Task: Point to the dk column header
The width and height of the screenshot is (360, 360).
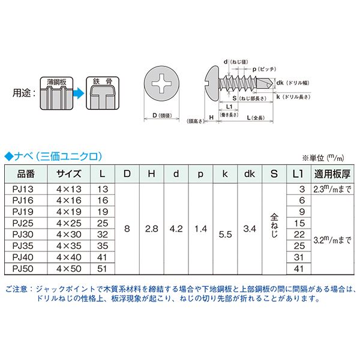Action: click(x=248, y=175)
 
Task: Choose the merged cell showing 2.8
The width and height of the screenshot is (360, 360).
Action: click(x=151, y=229)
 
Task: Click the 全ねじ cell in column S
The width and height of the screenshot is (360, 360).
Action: click(x=274, y=229)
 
